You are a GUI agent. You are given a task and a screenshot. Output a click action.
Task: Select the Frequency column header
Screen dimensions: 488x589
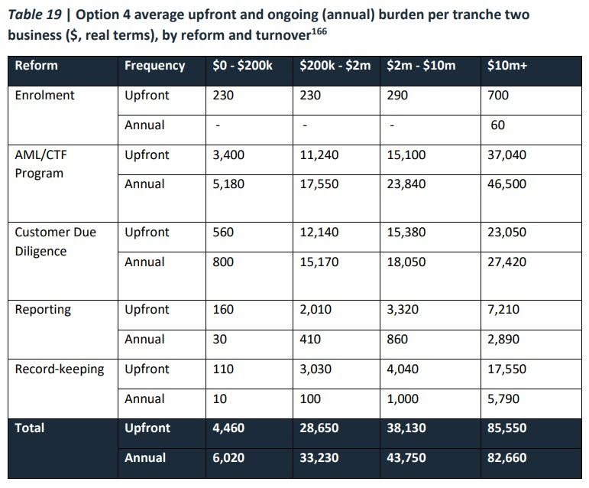[x=154, y=66]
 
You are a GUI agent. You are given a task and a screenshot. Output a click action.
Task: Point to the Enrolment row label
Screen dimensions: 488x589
[x=45, y=96]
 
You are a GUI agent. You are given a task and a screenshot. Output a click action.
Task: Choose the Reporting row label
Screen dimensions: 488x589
[x=43, y=310]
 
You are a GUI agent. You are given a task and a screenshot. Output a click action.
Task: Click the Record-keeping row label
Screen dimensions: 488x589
[x=60, y=369]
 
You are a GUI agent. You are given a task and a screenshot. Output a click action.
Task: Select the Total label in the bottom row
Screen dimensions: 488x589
[x=31, y=428]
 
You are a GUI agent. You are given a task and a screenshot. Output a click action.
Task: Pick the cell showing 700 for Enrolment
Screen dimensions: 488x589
[x=497, y=96]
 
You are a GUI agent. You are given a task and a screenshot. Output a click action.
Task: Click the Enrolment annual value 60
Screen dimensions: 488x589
[x=497, y=125]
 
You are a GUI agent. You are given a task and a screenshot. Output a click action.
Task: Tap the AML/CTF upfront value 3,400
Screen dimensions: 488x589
[x=227, y=155]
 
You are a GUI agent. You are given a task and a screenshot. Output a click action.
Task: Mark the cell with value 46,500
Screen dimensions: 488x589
[x=506, y=184]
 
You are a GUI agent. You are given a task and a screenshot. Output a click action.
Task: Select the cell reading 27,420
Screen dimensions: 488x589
[x=506, y=262]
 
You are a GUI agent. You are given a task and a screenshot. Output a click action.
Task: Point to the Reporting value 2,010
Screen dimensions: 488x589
[x=314, y=310]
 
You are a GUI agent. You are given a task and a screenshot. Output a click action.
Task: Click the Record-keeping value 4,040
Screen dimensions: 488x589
[x=403, y=369]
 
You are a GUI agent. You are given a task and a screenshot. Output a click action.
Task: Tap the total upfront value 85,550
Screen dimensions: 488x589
[x=506, y=428]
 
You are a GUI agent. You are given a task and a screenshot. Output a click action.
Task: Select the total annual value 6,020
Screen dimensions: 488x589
[x=228, y=459]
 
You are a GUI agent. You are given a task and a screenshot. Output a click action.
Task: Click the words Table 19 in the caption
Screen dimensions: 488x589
[x=34, y=15]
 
